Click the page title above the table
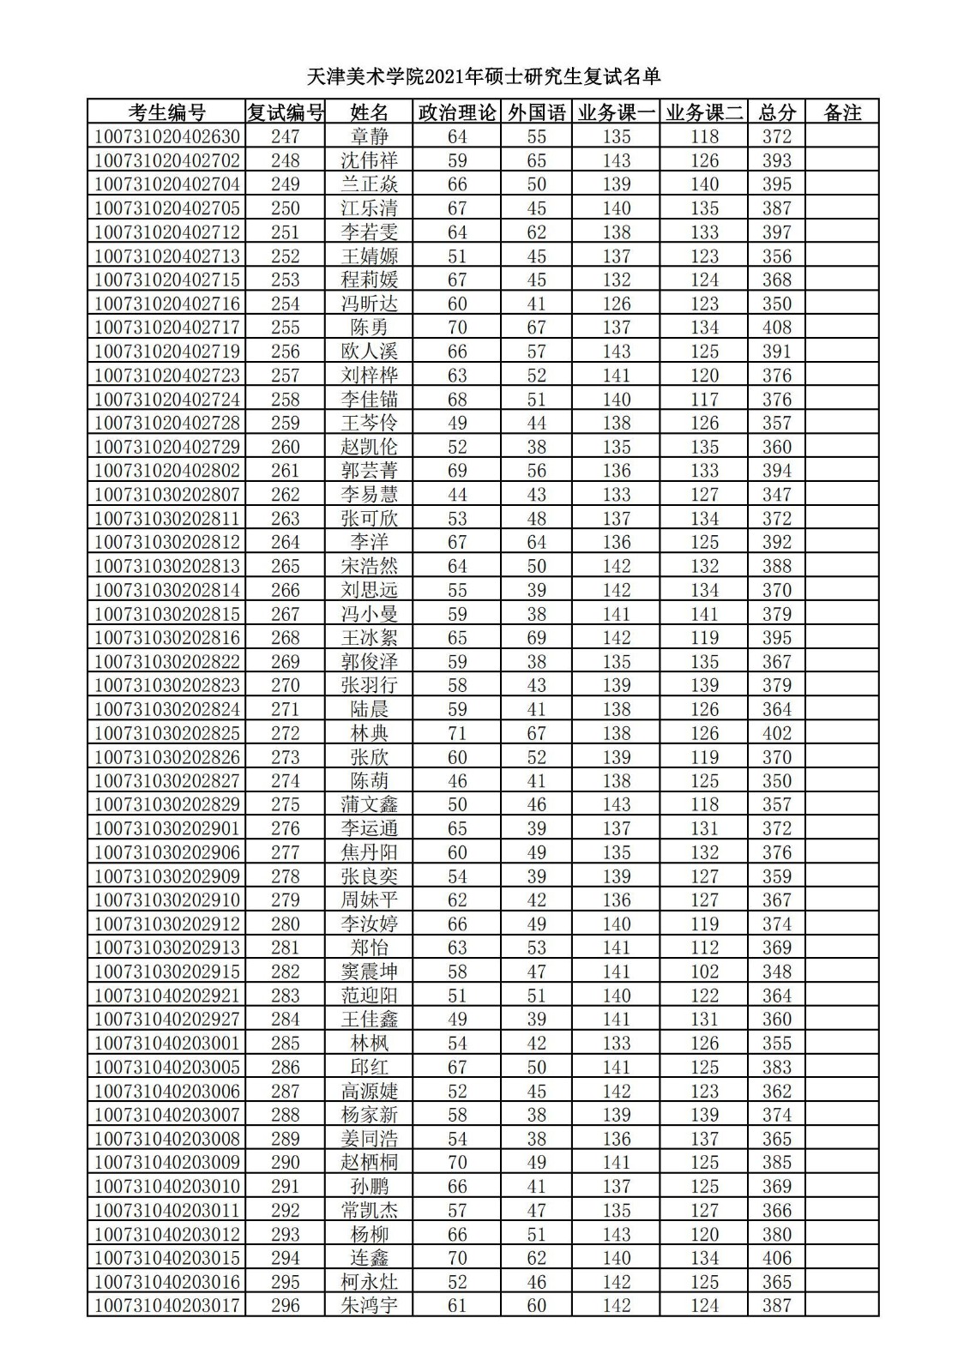coord(484,77)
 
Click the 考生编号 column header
coord(166,112)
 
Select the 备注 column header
coord(841,112)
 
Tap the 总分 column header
coord(777,112)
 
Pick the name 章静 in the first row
coord(370,136)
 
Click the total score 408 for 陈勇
coord(777,328)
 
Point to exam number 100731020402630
coord(167,136)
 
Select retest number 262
coord(285,495)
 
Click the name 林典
coord(370,733)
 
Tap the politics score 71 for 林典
coord(457,733)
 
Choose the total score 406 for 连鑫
coord(777,1258)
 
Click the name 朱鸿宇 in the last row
coord(370,1306)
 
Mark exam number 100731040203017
coord(167,1306)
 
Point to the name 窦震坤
coord(370,972)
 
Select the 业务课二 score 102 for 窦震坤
coord(704,972)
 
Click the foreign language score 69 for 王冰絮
coord(537,638)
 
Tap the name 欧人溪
coord(370,352)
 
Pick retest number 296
coord(285,1306)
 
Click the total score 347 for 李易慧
coord(777,495)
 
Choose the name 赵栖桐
coord(370,1163)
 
